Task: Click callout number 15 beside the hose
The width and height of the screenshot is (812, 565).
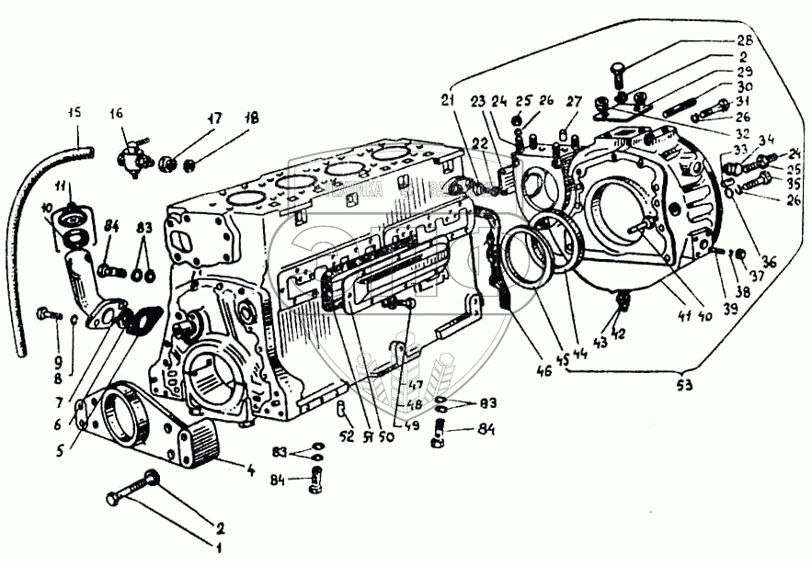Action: [x=74, y=113]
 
